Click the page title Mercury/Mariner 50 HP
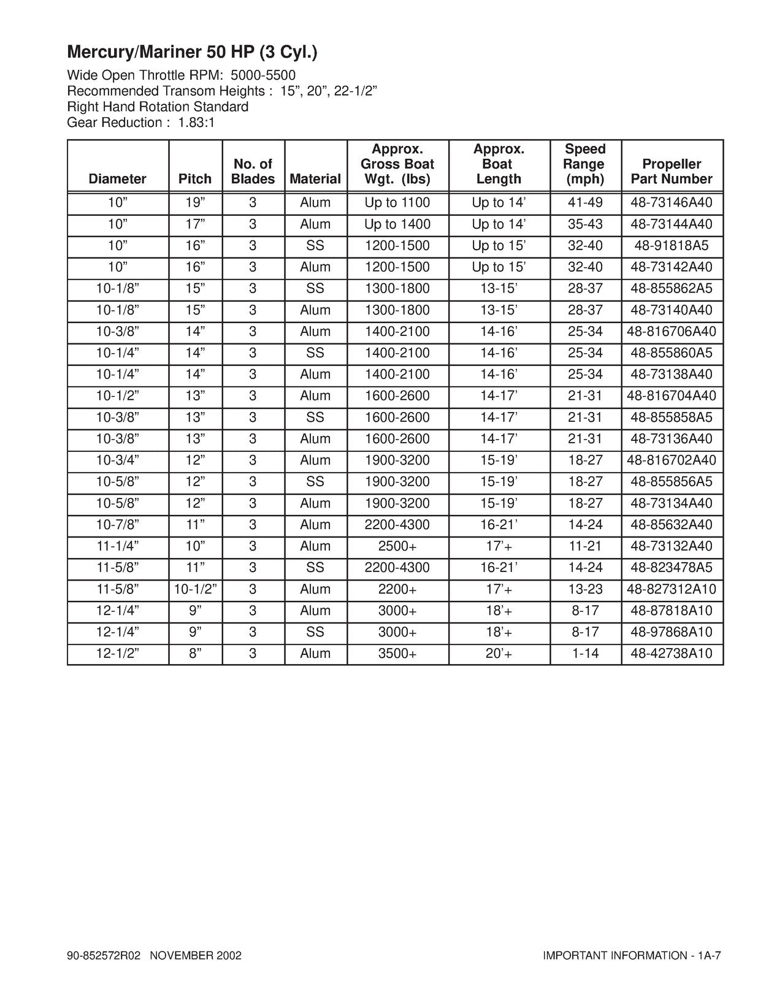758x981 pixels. point(192,52)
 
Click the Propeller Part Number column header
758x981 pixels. point(672,172)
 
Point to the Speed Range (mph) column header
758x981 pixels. point(585,164)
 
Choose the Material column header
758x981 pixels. point(315,179)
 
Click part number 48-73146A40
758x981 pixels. point(672,203)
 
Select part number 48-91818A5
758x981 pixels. point(672,246)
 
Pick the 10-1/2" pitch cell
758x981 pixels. point(195,589)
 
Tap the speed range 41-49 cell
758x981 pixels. point(585,203)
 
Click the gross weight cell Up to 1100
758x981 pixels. point(397,203)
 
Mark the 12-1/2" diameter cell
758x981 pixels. point(118,654)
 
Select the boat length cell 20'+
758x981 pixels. point(499,654)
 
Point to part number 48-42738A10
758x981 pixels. point(672,654)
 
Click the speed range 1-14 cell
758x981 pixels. point(585,654)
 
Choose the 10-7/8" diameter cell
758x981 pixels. point(118,525)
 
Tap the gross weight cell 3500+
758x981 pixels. point(397,654)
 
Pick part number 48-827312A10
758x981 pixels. point(672,589)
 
